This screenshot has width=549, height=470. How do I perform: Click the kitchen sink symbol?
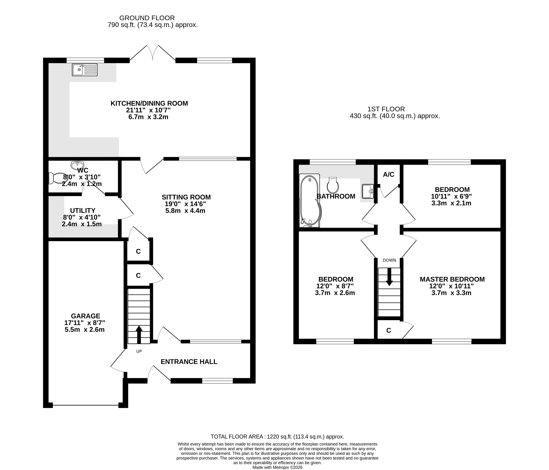(84, 70)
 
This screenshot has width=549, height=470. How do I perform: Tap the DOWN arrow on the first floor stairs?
(389, 277)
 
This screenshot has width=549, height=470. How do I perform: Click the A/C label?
(389, 174)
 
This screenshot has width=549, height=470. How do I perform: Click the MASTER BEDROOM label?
(452, 279)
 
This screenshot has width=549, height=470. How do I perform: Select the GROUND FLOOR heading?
(147, 18)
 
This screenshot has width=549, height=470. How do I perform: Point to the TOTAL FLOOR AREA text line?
(277, 437)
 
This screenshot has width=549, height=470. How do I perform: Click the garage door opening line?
(86, 405)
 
